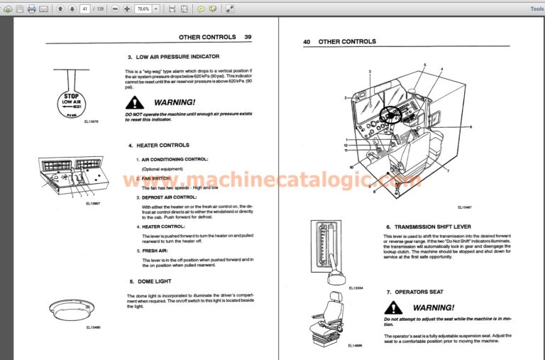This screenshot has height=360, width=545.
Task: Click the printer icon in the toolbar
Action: [31, 9]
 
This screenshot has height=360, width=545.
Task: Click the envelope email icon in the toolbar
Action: [44, 9]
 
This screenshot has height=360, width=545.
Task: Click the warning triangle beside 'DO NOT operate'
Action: [133, 103]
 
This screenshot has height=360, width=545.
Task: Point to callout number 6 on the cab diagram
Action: [470, 126]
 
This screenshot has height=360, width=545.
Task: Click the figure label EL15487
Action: [466, 207]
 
